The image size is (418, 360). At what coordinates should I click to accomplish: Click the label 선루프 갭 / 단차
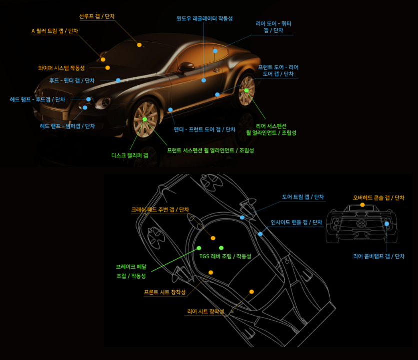coord(97,16)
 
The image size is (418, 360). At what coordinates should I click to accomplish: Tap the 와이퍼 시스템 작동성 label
coord(61,68)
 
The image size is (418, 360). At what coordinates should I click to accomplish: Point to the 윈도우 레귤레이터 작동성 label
coord(204,19)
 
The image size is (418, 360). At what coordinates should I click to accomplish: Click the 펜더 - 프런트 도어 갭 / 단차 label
coord(204,129)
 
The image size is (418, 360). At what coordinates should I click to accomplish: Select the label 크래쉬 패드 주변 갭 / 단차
coord(160,209)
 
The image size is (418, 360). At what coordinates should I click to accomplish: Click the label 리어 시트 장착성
coord(205,311)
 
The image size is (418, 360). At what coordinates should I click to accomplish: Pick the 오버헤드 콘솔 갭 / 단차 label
coord(378,198)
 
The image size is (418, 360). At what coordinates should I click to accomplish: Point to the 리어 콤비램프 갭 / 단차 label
coord(378,256)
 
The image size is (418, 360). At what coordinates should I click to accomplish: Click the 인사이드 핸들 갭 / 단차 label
coord(296,222)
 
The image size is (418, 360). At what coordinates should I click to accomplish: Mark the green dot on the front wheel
coord(145,119)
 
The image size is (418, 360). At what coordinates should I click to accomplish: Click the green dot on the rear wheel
coord(246,90)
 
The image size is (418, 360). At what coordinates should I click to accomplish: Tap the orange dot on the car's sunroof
coord(139,45)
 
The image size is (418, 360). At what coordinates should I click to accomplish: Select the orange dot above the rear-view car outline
coord(362,205)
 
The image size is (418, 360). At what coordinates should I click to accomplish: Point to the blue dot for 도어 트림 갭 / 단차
coord(242,217)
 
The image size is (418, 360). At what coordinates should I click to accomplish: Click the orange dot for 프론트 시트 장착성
coord(211,272)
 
